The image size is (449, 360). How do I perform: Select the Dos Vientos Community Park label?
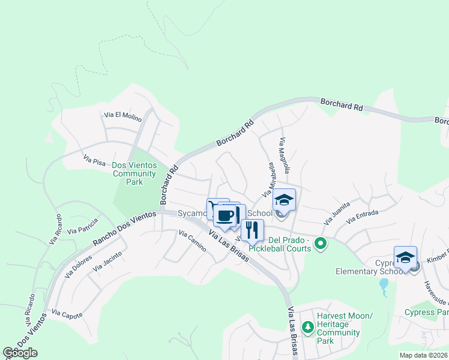[134, 174]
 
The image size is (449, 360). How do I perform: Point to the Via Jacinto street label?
[108, 262]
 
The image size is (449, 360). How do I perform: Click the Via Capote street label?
[67, 314]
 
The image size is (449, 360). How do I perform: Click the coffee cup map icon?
[226, 215]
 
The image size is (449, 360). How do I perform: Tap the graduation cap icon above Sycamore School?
[285, 200]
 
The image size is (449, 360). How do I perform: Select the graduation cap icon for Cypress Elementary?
[405, 257]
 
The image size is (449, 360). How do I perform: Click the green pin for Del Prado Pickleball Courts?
[321, 244]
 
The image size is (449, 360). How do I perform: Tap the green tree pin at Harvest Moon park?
[307, 327]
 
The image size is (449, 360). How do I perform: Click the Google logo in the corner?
[20, 352]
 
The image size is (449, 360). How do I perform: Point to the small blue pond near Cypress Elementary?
[383, 288]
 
